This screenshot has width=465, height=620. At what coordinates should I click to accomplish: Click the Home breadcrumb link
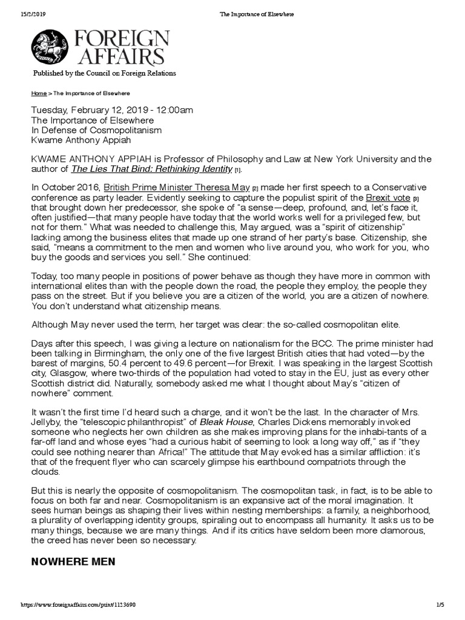[x=39, y=94]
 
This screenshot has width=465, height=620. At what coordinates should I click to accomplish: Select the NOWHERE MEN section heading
[x=74, y=562]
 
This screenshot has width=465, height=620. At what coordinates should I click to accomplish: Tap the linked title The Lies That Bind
[x=152, y=169]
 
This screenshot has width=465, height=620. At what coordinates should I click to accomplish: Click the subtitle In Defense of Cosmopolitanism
[x=96, y=130]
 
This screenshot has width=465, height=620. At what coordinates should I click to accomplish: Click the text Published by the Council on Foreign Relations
[x=100, y=73]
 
